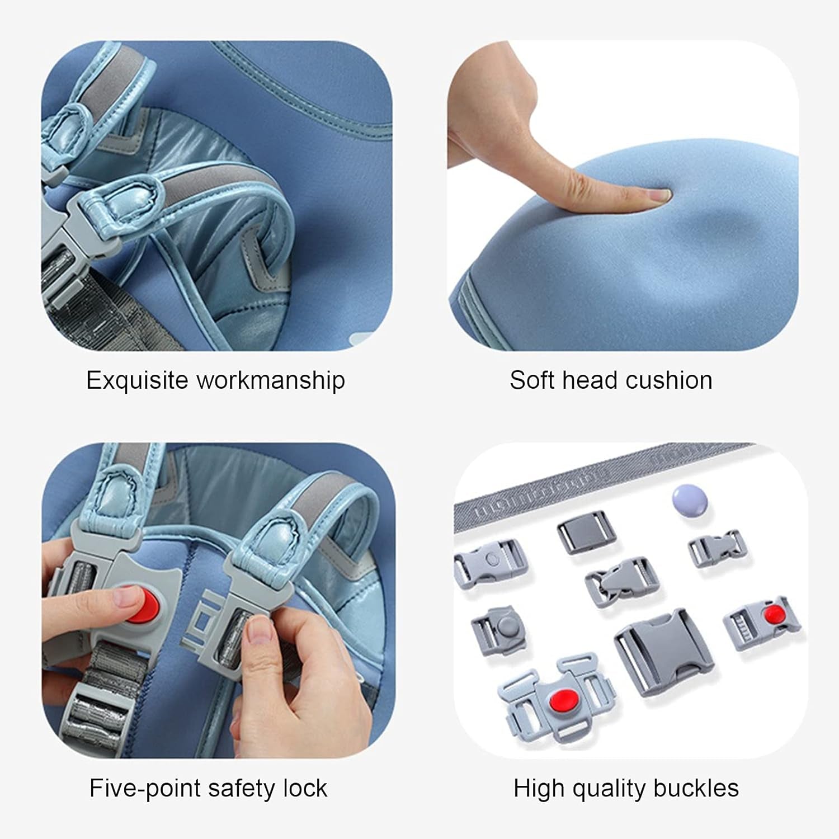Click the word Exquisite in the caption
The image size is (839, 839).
click(137, 381)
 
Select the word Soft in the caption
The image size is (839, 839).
click(532, 380)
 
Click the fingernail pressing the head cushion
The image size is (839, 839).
click(659, 195)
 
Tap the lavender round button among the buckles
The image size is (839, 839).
click(689, 501)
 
